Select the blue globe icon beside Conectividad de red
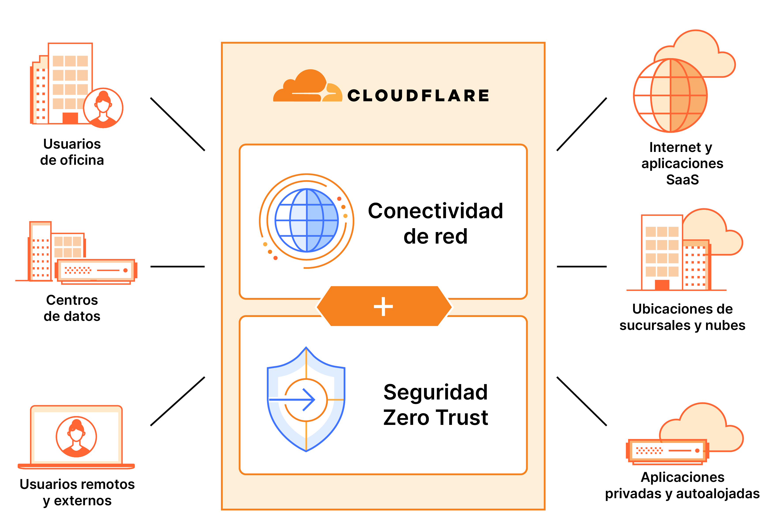click(x=306, y=220)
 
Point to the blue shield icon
click(x=306, y=399)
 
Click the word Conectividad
click(x=435, y=211)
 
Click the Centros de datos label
click(x=72, y=308)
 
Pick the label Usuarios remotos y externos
click(x=77, y=492)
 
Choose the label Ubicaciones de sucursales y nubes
click(x=682, y=317)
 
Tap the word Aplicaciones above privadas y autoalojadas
click(x=682, y=477)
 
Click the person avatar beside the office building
click(x=103, y=108)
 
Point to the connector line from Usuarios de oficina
click(x=177, y=124)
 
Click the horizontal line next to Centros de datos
click(x=177, y=267)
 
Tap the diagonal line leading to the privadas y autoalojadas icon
click(x=582, y=401)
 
